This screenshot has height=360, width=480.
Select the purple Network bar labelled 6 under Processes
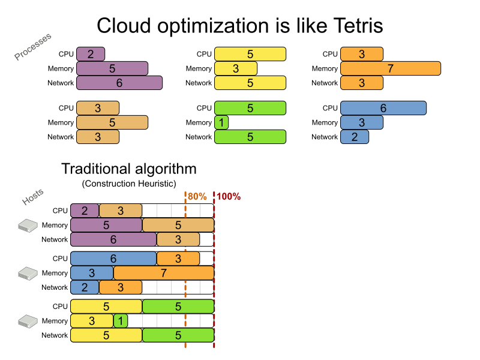pos(119,83)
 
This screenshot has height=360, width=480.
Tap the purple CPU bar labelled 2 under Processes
pos(91,54)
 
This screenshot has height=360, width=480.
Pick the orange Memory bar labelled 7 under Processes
pos(390,68)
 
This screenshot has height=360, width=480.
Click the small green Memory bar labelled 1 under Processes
pos(221,122)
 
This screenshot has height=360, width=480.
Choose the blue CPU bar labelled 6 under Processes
pos(383,108)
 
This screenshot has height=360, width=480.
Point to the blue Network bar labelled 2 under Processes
pos(354,137)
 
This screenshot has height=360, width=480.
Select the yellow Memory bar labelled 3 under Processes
pos(235,68)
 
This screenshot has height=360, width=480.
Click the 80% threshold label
pos(197,196)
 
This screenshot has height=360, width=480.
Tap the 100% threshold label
pos(229,196)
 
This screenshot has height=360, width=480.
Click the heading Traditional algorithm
pos(129,169)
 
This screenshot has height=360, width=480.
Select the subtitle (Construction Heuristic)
pos(129,183)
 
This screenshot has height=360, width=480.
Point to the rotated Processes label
pos(33,46)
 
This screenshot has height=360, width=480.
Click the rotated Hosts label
pos(33,196)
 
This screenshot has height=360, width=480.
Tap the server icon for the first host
pos(28,226)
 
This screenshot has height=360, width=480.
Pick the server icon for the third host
pos(28,320)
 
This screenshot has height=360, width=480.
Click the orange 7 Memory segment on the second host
pos(163,273)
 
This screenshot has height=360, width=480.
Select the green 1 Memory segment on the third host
pos(120,321)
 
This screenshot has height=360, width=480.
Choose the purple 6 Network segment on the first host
pos(113,239)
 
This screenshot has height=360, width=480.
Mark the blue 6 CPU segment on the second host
pos(113,259)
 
